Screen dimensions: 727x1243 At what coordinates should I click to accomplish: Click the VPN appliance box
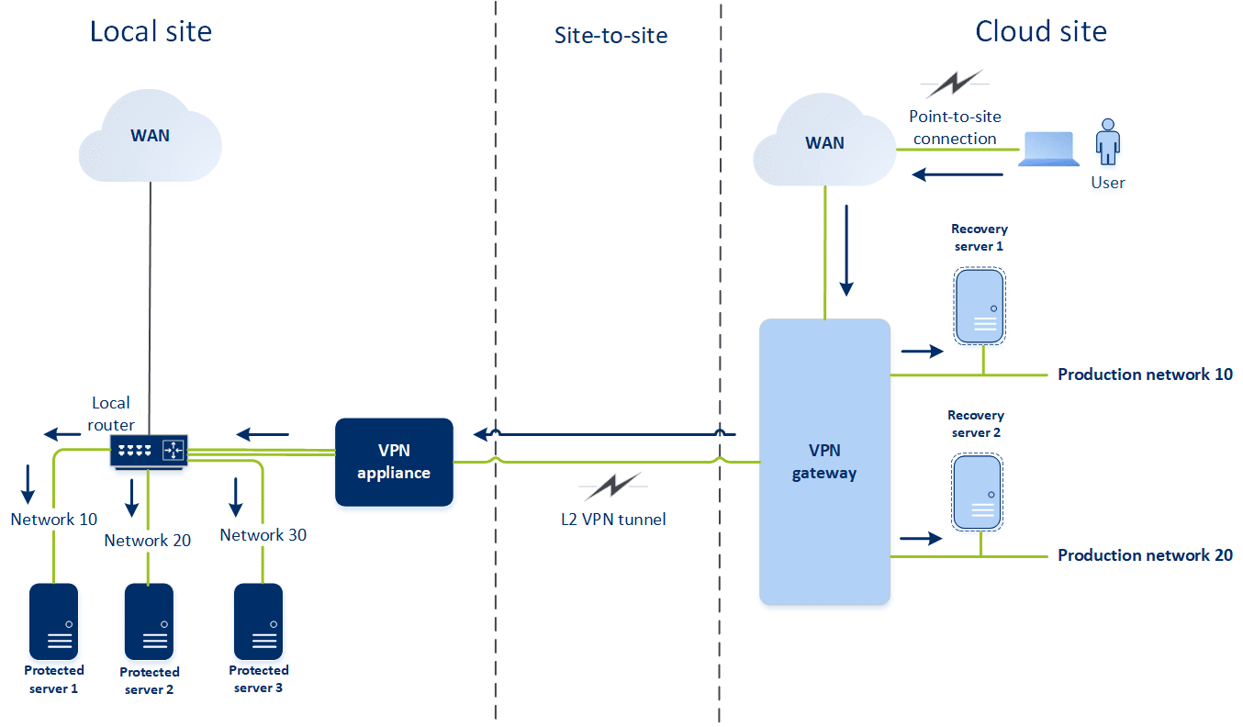click(x=394, y=462)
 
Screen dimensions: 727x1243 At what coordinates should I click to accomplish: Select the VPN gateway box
click(x=824, y=462)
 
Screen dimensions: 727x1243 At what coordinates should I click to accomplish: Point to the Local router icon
click(x=149, y=450)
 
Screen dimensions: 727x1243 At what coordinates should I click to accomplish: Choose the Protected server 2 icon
click(x=149, y=621)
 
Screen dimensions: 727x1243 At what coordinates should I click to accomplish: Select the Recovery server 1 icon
click(x=979, y=306)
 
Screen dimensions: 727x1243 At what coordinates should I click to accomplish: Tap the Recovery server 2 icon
click(x=977, y=492)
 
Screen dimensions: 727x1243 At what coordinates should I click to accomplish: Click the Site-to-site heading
click(x=610, y=36)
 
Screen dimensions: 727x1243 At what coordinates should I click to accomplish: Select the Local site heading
click(x=151, y=31)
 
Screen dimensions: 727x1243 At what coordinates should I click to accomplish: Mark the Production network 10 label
click(x=1145, y=375)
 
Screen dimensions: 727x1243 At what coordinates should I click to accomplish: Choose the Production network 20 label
click(x=1145, y=555)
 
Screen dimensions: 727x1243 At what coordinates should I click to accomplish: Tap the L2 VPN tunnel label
click(x=613, y=519)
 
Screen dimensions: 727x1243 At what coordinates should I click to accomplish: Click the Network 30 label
click(x=263, y=535)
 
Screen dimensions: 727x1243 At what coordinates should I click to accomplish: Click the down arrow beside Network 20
click(x=131, y=497)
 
